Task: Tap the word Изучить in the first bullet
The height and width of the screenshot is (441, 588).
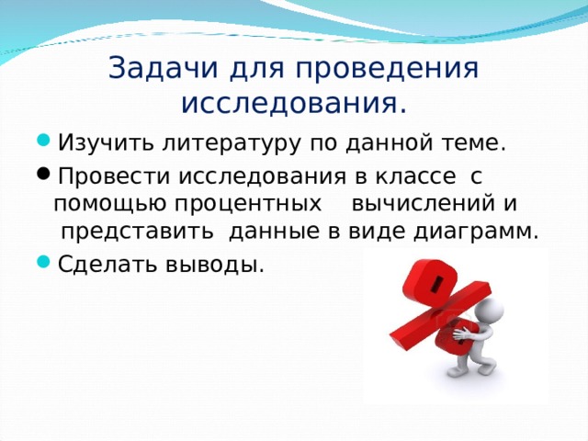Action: [x=95, y=144]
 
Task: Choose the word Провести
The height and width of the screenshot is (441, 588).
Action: [x=103, y=175]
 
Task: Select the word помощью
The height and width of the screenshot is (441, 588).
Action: [x=101, y=202]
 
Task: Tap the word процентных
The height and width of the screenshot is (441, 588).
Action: [x=244, y=202]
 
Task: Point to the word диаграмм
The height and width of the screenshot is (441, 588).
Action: [x=482, y=231]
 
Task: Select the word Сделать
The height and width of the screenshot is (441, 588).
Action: [x=97, y=265]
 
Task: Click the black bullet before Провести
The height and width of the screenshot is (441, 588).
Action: [x=45, y=175]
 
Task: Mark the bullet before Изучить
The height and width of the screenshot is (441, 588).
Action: [x=45, y=144]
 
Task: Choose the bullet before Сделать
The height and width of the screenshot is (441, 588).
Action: [x=45, y=265]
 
